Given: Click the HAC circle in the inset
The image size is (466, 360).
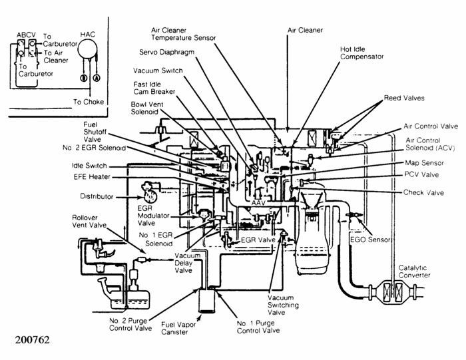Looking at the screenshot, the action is tap(87, 49).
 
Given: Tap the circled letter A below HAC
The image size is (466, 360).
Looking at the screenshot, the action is tap(97, 78).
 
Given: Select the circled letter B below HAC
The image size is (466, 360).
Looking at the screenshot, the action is tap(84, 78).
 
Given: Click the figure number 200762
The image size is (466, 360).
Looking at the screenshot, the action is tap(33, 339).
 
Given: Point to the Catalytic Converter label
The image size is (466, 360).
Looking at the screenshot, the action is tap(414, 271).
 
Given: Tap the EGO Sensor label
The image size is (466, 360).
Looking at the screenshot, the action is tap(370, 240).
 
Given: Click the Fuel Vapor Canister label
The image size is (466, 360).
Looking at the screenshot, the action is tap(178, 328).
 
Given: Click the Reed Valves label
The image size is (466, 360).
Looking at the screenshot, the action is tap(404, 98).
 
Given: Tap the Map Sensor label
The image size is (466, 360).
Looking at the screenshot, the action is tap(425, 163).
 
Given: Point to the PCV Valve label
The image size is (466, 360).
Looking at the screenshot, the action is tap(421, 174).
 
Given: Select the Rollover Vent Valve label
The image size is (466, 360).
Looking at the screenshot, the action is tap(89, 222).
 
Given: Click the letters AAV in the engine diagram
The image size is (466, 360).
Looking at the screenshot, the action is tap(258, 202).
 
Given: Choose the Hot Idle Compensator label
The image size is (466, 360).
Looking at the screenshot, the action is tap(361, 53).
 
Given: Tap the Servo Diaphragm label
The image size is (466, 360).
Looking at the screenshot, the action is tap(166, 53).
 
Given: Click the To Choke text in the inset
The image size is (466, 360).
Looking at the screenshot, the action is tap(89, 102).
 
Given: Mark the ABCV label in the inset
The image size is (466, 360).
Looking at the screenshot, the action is tap(26, 35).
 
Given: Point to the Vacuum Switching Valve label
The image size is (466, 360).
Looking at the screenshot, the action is tap(283, 305).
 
